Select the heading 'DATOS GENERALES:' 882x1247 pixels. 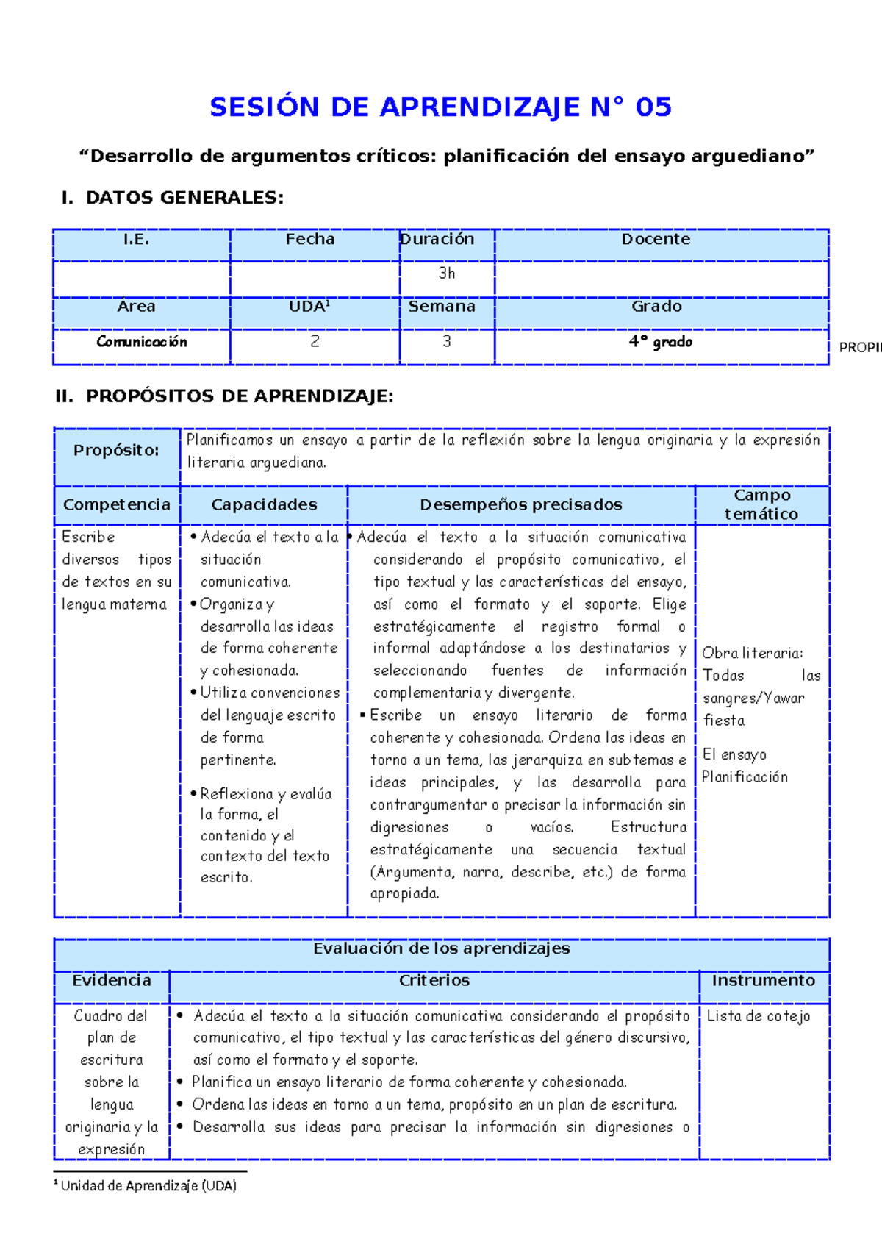point(184,198)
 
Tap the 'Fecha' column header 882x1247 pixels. point(310,239)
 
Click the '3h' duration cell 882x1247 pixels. point(447,274)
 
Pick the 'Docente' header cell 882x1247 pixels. point(656,239)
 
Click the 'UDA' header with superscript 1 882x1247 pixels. point(309,307)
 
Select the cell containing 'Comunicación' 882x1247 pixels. point(142,342)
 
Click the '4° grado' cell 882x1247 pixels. point(660,342)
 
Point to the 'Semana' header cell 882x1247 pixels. point(442,307)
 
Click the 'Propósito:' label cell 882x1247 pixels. point(116,450)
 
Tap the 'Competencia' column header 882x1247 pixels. point(116,504)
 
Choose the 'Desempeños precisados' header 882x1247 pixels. point(520,504)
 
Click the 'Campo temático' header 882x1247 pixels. point(761,504)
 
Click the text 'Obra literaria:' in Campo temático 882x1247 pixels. point(752,653)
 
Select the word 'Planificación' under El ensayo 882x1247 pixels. point(745,777)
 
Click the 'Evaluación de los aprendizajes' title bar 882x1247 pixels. point(441,948)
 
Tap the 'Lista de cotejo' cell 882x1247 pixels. point(759,1016)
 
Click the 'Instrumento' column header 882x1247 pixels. point(763,981)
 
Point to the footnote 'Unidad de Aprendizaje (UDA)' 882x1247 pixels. point(148,1185)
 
